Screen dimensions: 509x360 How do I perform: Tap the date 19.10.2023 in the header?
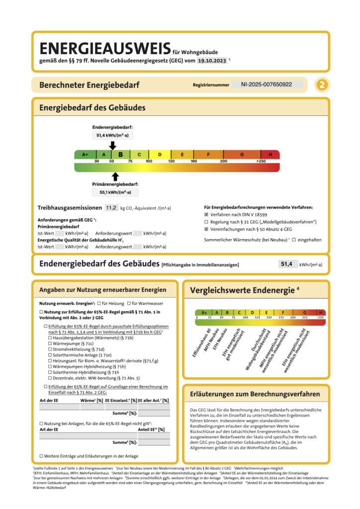tap(211, 61)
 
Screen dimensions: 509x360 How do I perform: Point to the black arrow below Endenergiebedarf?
tap(112, 145)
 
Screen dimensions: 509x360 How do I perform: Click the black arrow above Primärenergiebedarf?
tap(115, 176)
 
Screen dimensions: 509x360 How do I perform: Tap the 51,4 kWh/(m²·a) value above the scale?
tap(112, 135)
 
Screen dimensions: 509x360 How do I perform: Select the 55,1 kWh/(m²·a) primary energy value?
tap(115, 192)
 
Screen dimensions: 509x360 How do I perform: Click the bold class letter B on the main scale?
tap(120, 155)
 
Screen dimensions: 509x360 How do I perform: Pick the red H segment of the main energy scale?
tap(270, 155)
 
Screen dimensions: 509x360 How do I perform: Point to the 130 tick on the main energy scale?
tap(171, 162)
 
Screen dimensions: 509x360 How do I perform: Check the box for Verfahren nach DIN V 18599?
tap(206, 214)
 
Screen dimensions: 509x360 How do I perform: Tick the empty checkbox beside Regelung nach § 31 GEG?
tap(206, 222)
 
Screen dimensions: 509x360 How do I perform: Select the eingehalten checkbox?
tap(294, 240)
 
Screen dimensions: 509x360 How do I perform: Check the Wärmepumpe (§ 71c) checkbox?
tap(50, 343)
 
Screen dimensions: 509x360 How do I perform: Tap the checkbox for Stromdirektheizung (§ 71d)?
tap(50, 350)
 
